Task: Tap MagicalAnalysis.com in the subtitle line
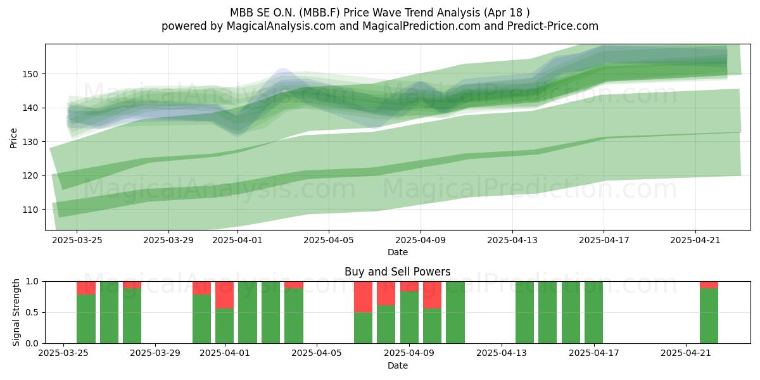[x=281, y=26]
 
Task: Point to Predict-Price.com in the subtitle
[x=553, y=26]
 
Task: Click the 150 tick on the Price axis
[x=30, y=74]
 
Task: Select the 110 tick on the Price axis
[x=30, y=210]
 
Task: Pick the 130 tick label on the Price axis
[x=30, y=142]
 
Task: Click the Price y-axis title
[x=13, y=138]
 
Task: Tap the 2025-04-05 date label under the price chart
[x=329, y=240]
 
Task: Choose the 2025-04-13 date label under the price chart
[x=512, y=240]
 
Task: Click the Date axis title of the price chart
[x=398, y=252]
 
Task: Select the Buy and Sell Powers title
[x=398, y=272]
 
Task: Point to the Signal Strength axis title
[x=16, y=312]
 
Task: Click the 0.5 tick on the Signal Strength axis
[x=32, y=312]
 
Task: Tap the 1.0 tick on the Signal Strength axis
[x=32, y=282]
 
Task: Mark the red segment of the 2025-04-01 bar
[x=225, y=295]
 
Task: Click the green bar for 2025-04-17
[x=594, y=312]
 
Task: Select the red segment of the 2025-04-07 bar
[x=363, y=297]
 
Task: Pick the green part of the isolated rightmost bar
[x=709, y=315]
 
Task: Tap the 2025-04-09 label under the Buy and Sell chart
[x=409, y=353]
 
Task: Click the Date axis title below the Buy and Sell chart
[x=398, y=365]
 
